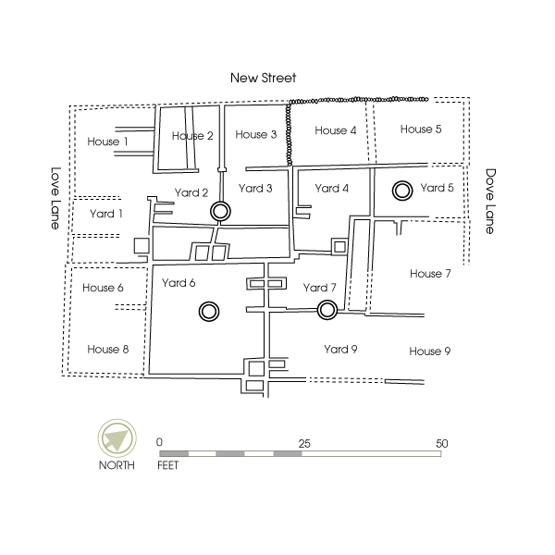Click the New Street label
(x=263, y=78)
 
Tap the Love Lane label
(x=55, y=198)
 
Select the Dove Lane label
(x=490, y=201)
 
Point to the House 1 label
(x=107, y=142)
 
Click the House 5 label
(x=421, y=129)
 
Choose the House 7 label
(x=430, y=274)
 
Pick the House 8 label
(x=108, y=350)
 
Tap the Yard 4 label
(x=332, y=189)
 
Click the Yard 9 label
(x=340, y=350)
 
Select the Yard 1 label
(x=105, y=214)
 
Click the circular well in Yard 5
(x=402, y=191)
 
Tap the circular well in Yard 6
(x=209, y=312)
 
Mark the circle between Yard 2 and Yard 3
(x=220, y=211)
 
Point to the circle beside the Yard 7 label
(x=327, y=310)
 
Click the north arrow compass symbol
(x=117, y=438)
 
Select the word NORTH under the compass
(x=117, y=465)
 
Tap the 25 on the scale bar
(x=304, y=444)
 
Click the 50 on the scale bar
(x=442, y=443)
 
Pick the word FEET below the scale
(x=167, y=465)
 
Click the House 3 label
(x=256, y=134)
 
